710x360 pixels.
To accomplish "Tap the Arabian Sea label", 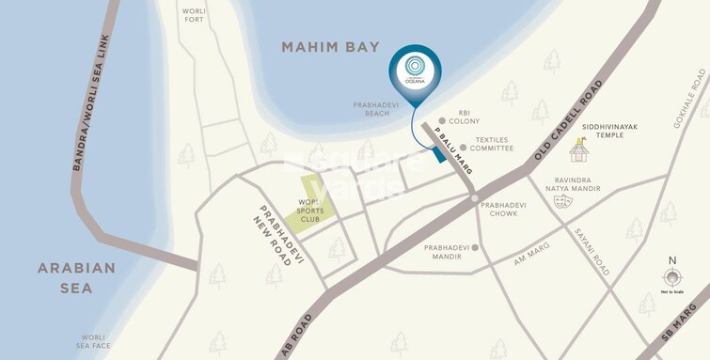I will coord(77,277).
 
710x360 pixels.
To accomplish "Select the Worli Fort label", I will coord(194,14).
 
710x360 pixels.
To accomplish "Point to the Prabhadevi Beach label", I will coord(376,109).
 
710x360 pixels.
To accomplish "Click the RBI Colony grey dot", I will coord(442,121).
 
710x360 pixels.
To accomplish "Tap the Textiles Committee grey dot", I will coord(463,148).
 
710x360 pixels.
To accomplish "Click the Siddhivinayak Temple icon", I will coord(579,149).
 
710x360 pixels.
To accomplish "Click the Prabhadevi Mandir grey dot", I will coord(476,248).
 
